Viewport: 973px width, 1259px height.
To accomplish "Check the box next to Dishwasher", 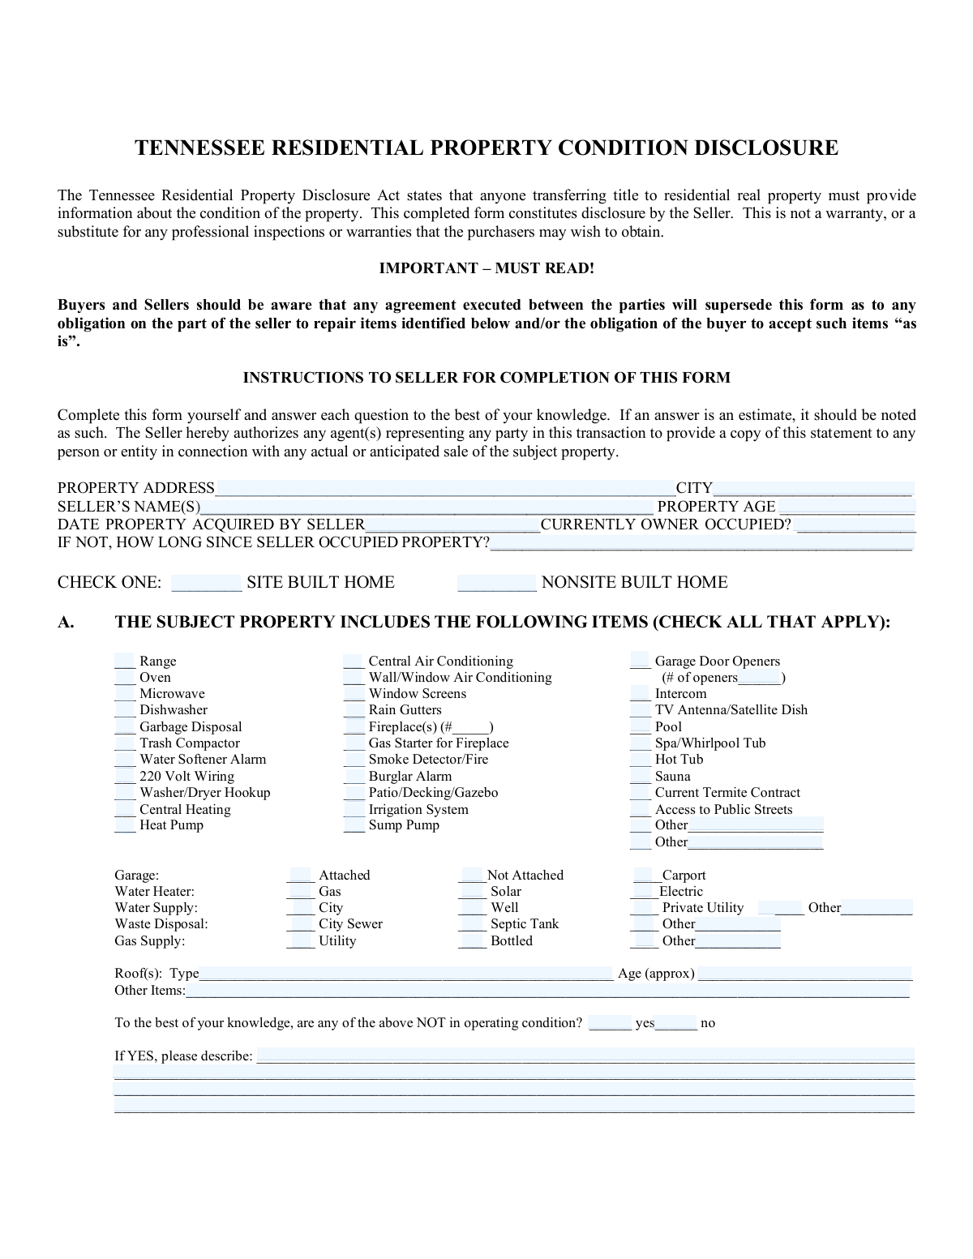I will coord(125,710).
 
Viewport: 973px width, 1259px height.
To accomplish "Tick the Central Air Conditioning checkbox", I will coord(354,662).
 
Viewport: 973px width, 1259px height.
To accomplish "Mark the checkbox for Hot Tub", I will coord(641,760).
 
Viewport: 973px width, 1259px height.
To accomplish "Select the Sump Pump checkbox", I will coord(354,825).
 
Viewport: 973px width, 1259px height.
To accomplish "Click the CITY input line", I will coord(812,488).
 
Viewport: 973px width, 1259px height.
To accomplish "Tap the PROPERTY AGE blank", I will coord(847,507).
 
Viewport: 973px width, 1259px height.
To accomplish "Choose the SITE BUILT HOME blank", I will coord(206,582).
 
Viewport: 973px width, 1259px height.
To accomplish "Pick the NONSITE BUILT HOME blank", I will coord(496,582).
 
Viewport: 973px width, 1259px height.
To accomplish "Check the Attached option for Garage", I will coord(300,876).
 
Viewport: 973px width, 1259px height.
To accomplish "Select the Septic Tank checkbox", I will coord(472,924).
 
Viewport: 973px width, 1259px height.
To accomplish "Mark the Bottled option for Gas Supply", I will coord(472,941).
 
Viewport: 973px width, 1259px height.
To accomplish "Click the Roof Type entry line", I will coord(405,974).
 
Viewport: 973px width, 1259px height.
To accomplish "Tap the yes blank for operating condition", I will coord(610,1023).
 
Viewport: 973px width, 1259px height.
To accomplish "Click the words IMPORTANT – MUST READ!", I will coord(486,268).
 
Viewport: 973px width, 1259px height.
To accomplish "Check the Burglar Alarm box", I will coord(354,776).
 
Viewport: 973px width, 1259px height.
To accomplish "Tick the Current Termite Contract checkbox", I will coord(641,793).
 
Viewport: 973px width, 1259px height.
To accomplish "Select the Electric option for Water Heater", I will coord(643,892).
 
